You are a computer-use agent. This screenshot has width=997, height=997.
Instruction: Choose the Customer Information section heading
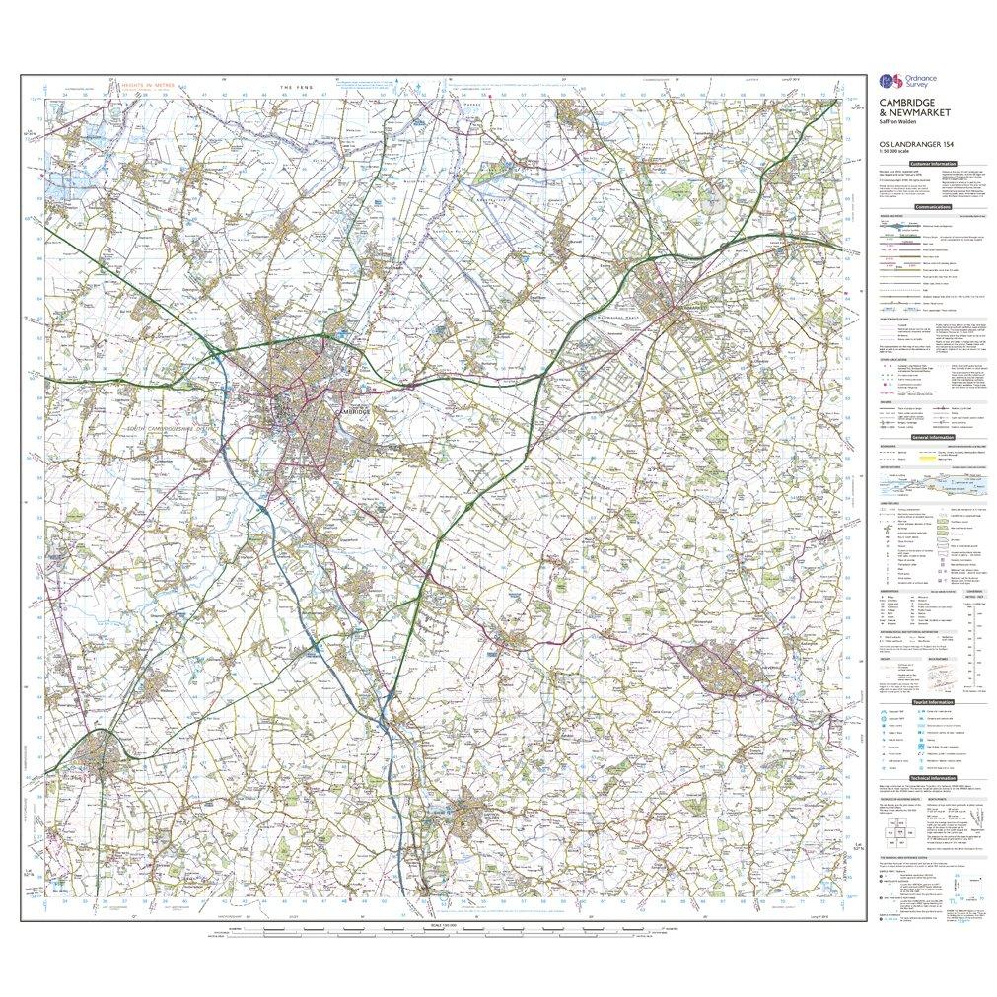(932, 164)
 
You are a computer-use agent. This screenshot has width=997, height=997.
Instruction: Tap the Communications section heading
(932, 207)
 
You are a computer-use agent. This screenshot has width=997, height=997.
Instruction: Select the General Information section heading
(932, 436)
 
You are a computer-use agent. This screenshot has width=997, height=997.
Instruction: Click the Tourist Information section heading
(932, 701)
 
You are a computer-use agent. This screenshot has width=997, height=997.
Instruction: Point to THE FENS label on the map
(294, 89)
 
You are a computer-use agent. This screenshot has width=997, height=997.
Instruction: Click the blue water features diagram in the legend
(931, 484)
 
